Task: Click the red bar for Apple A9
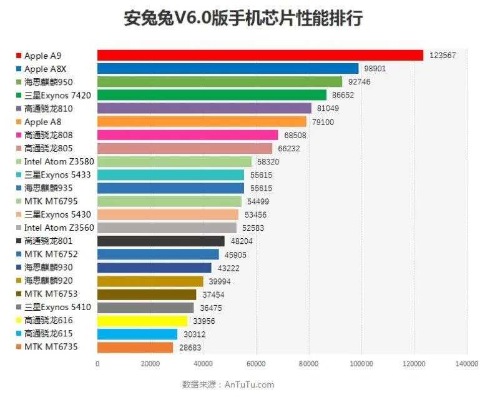pyautogui.click(x=260, y=56)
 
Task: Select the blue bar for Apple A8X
pyautogui.click(x=228, y=69)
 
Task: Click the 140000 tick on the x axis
pyautogui.click(x=466, y=363)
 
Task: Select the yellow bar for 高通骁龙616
pyautogui.click(x=142, y=321)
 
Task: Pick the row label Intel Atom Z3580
pyautogui.click(x=59, y=161)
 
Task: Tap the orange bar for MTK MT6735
pyautogui.click(x=135, y=347)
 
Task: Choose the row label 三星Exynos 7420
pyautogui.click(x=57, y=95)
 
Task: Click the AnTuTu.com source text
pyautogui.click(x=249, y=384)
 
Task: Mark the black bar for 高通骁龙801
pyautogui.click(x=161, y=241)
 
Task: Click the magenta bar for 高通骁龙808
pyautogui.click(x=188, y=135)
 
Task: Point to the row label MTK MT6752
pyautogui.click(x=51, y=254)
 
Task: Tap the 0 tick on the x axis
pyautogui.click(x=97, y=363)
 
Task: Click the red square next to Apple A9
pyautogui.click(x=19, y=56)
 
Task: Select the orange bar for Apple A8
pyautogui.click(x=202, y=121)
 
